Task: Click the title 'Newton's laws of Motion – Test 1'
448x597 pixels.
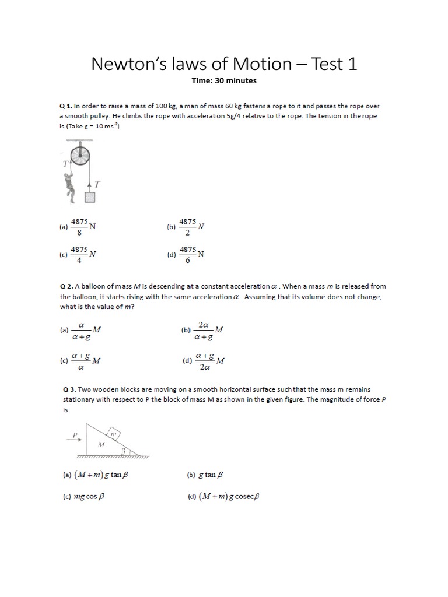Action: [x=224, y=64]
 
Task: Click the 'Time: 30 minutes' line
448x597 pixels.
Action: [x=224, y=81]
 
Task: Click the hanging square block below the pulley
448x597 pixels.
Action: [x=89, y=197]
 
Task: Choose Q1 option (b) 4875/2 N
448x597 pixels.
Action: [x=187, y=227]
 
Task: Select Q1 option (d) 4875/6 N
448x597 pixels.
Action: [x=187, y=255]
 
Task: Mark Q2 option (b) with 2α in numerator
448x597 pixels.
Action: [x=203, y=331]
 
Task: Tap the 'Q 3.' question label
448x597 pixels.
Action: [x=68, y=389]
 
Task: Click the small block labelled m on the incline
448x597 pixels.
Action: [x=114, y=433]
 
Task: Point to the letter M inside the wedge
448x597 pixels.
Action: [x=101, y=444]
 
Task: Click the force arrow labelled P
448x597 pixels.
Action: [x=75, y=438]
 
